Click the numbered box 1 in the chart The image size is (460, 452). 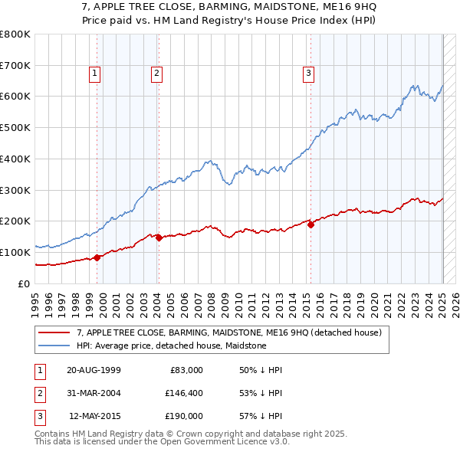pos(94,74)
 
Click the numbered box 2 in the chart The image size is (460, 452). pos(156,74)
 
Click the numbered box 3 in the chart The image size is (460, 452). pos(308,74)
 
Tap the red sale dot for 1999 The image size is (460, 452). pos(97,257)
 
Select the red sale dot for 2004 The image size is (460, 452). pos(159,237)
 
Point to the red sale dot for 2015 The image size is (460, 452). pos(310,224)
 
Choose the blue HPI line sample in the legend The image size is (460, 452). pos(54,346)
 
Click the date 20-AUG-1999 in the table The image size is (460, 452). pos(94,370)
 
